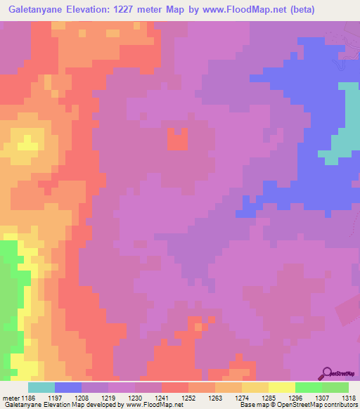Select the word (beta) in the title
point(297,10)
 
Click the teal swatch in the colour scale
point(41,387)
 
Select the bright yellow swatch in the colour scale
point(281,387)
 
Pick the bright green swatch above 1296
point(308,387)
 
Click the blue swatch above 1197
point(68,387)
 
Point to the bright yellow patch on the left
point(27,145)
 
